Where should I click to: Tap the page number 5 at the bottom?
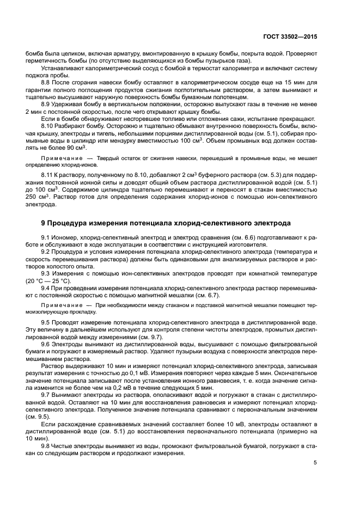pyautogui.click(x=315, y=463)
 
